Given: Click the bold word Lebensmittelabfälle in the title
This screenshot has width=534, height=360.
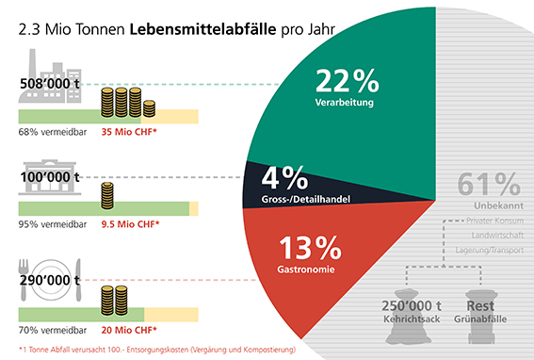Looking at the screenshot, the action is [x=202, y=29].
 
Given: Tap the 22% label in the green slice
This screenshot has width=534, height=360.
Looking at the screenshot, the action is [x=347, y=80].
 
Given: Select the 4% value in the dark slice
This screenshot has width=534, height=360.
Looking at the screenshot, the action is [x=284, y=178].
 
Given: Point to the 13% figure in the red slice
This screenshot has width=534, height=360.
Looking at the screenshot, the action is [x=310, y=248].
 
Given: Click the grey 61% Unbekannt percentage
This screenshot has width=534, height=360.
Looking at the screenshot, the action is [x=489, y=184].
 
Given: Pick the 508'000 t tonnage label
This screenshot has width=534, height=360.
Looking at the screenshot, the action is [x=50, y=84].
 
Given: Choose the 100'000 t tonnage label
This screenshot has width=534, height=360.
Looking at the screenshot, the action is [x=50, y=177].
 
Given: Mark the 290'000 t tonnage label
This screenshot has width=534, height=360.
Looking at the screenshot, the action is [x=50, y=280].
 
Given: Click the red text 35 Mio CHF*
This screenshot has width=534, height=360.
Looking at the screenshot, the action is [x=129, y=132].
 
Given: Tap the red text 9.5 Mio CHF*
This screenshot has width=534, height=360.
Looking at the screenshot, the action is [x=130, y=224].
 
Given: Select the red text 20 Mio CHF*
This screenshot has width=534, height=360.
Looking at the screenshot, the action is [x=129, y=330].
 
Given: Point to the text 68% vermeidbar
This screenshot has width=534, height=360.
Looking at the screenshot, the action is [x=53, y=132].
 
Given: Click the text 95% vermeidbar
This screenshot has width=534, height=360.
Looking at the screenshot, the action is [x=53, y=224].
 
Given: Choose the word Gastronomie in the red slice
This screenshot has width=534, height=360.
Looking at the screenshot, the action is [x=306, y=270].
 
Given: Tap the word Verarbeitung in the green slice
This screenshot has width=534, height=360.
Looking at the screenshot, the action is [x=345, y=103].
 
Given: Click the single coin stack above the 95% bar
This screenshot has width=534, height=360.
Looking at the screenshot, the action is [x=107, y=196].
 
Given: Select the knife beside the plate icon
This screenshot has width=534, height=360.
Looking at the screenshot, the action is [x=79, y=280].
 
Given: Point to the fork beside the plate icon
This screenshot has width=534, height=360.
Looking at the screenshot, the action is [x=24, y=280].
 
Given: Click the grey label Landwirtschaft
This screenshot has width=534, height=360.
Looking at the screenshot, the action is [x=497, y=236].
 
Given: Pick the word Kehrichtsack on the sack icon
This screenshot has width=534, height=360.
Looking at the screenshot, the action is [x=412, y=319].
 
